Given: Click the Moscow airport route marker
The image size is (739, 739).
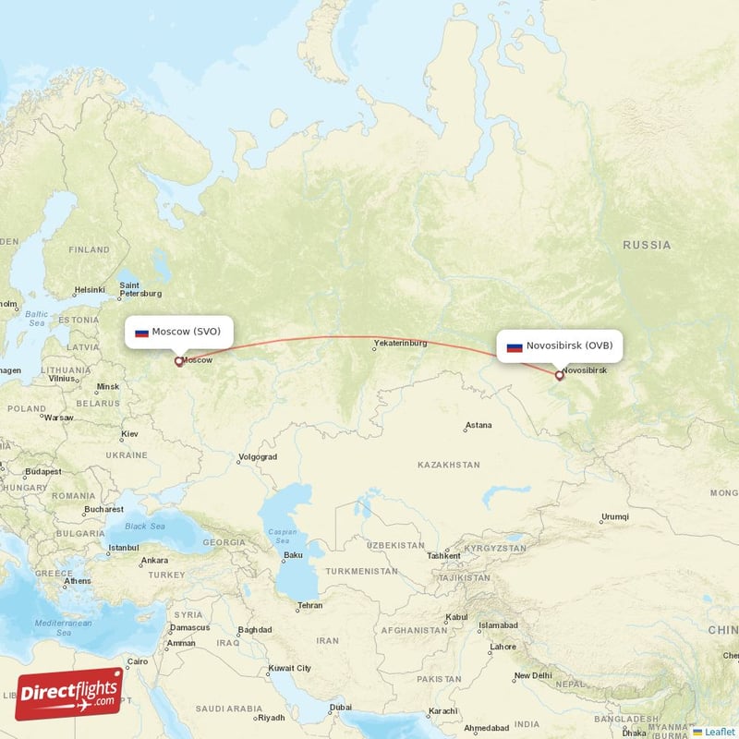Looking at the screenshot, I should coord(178,362).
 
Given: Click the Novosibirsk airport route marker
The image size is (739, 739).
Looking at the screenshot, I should coord(559,376).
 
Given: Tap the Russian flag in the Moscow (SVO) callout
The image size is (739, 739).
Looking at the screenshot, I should coord(141,333).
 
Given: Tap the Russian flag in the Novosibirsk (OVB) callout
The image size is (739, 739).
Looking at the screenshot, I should coord(515,347).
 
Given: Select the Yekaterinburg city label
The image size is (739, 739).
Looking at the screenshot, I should coord(400,344).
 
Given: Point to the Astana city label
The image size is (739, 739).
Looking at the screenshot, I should coord(479,426).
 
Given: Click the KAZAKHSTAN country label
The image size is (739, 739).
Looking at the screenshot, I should coord(449,465).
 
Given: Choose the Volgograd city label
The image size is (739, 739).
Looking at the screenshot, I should coord(258,456).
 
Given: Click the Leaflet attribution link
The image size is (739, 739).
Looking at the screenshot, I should coord(718,732).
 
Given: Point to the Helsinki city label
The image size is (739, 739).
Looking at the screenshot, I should coord(90,289).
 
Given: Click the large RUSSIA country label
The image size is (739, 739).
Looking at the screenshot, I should coord(647,245).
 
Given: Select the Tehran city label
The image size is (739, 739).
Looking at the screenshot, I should coord(309,606).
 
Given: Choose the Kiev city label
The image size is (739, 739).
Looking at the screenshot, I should coord(129,433).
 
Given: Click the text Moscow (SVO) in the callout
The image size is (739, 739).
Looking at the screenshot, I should coord(187,332).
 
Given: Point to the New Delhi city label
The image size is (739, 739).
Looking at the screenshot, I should coord(533,675).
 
